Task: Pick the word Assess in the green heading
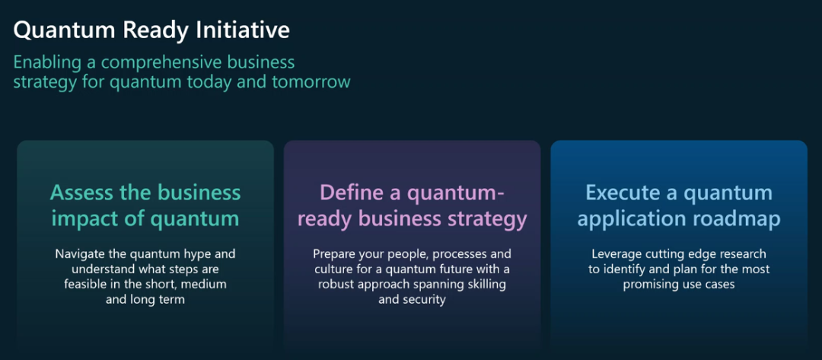tap(81, 193)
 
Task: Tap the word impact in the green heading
tap(81, 218)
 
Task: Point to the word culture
tap(333, 269)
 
